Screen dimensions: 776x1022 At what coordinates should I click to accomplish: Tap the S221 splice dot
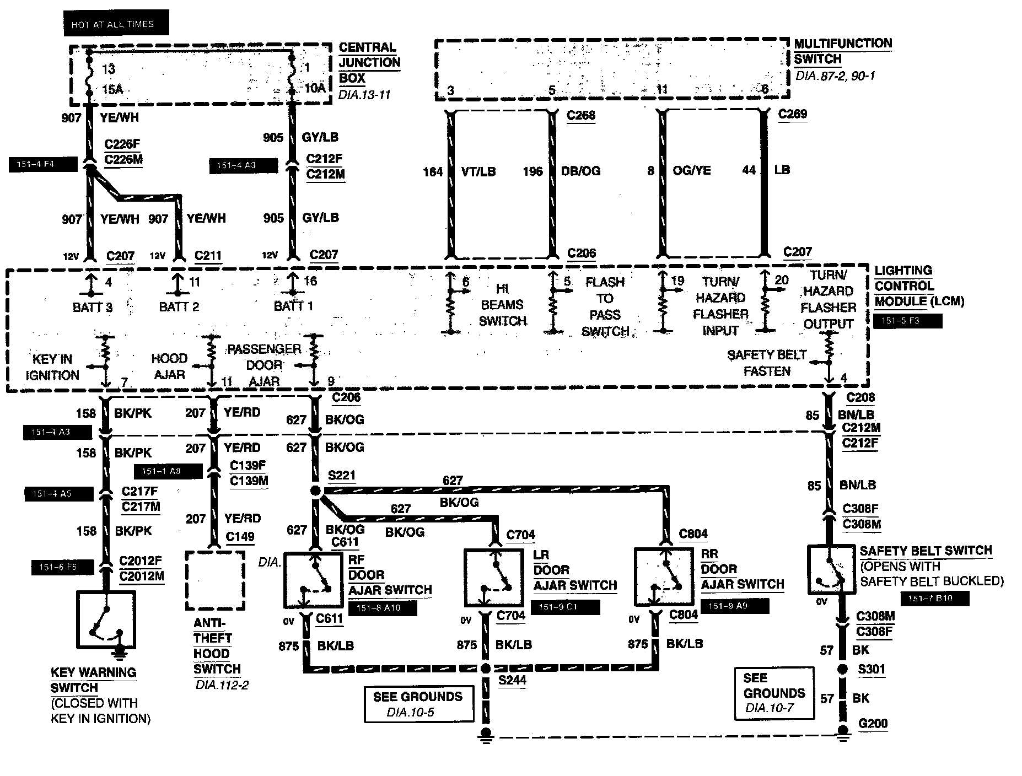click(x=315, y=491)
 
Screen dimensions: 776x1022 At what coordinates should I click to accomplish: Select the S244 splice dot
click(x=486, y=669)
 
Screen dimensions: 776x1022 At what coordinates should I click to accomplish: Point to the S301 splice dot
click(x=842, y=670)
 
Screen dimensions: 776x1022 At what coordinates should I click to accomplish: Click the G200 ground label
click(x=873, y=723)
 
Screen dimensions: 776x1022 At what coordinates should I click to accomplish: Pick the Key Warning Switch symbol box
click(x=106, y=620)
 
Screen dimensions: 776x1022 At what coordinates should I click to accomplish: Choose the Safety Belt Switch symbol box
click(x=830, y=570)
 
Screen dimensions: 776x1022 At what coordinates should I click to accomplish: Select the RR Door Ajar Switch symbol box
click(x=663, y=576)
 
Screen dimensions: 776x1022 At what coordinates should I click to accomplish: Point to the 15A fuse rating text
click(x=112, y=90)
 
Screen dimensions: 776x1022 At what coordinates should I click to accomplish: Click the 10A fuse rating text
click(x=316, y=88)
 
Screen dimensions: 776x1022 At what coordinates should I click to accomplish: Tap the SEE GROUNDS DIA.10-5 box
click(x=418, y=704)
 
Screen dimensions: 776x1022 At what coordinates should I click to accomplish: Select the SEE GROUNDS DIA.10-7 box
click(x=774, y=693)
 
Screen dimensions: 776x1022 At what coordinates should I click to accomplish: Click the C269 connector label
click(x=792, y=114)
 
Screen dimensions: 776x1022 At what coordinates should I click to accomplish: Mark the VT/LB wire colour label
click(x=478, y=171)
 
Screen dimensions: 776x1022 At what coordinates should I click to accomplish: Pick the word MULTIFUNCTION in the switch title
click(x=843, y=44)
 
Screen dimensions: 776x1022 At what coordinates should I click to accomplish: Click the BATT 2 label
click(x=179, y=306)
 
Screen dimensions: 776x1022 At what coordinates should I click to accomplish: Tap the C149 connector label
click(x=240, y=536)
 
